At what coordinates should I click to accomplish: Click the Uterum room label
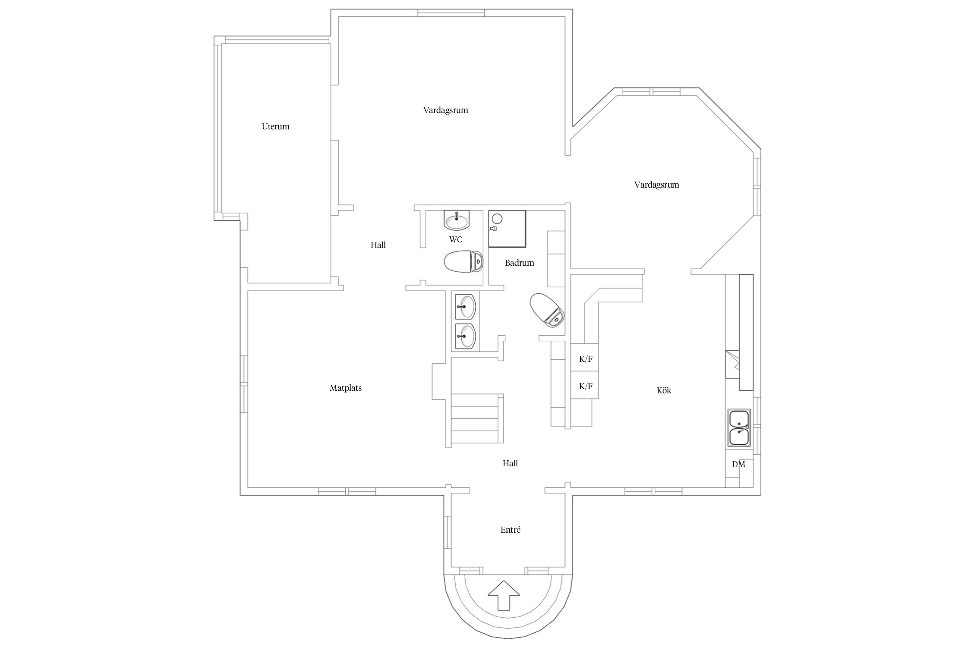point(275,126)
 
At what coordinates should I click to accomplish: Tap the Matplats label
point(346,388)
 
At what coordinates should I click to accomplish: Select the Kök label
point(664,390)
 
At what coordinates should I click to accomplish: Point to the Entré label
point(511,530)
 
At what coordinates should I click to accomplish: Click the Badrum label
point(520,263)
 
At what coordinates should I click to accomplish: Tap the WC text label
point(456,239)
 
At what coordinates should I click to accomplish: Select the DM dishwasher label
point(738,465)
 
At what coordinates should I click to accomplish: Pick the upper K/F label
point(586,359)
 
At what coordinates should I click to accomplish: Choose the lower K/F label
point(586,386)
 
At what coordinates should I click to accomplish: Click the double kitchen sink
point(740,428)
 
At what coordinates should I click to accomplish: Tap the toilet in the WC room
point(463,261)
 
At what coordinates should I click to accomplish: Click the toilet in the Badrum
point(547,310)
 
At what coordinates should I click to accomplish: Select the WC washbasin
point(457,220)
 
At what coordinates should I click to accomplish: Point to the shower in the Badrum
point(507,229)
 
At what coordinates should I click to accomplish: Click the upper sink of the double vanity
point(465,306)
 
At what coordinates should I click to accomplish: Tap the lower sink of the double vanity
point(465,336)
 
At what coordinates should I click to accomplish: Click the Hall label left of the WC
point(378,245)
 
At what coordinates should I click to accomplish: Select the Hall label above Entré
point(510,463)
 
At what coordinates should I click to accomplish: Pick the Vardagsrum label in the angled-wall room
point(657,185)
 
